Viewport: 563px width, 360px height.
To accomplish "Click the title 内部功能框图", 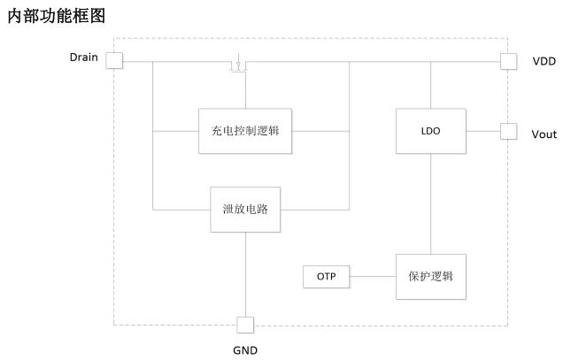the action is (x=57, y=16).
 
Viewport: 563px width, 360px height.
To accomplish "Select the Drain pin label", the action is (x=84, y=57).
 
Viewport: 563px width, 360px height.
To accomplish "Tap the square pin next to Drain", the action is (x=114, y=60).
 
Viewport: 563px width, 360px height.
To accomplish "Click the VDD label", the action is (x=544, y=61).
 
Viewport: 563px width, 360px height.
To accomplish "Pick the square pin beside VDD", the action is (x=508, y=61).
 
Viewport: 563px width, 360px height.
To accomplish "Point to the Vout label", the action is (x=544, y=134).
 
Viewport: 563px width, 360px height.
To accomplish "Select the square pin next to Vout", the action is (x=508, y=131).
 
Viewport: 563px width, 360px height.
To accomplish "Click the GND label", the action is (x=245, y=350).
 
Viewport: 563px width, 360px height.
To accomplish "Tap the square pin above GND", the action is (x=245, y=325).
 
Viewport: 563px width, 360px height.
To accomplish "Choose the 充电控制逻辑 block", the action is (x=245, y=131).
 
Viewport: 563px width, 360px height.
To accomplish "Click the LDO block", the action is (x=431, y=131).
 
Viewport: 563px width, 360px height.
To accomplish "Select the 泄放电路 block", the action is (x=245, y=210).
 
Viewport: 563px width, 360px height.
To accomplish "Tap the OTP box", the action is (x=326, y=277).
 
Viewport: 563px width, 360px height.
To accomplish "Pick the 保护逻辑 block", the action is (x=431, y=277).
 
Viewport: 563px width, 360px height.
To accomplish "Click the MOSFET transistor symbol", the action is (x=238, y=63).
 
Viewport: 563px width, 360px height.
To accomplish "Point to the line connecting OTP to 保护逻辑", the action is (x=373, y=277).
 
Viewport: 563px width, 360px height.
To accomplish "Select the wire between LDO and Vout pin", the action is (x=483, y=131).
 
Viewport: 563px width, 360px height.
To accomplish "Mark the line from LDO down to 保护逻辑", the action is (x=431, y=203).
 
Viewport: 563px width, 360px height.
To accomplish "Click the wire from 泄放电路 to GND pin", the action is (x=245, y=274).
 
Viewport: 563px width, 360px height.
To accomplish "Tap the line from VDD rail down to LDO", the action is (x=431, y=85).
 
